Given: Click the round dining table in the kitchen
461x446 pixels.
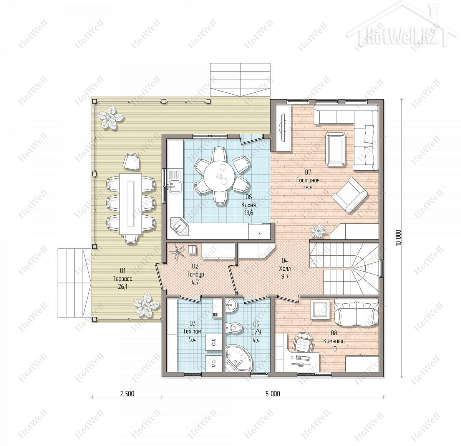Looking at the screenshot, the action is point(219,176).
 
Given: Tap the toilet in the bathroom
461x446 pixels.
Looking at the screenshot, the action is point(235,328).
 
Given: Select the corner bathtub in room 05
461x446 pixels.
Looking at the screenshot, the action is point(239,359).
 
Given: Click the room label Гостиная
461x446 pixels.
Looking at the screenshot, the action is point(308,180).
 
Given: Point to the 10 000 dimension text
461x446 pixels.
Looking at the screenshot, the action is point(398,238).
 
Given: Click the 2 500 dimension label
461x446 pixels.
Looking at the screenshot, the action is point(127,394).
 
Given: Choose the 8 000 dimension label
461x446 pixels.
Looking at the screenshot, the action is point(273,394).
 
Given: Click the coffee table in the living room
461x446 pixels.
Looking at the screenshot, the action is point(336,149).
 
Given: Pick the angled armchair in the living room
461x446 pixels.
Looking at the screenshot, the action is point(350,195).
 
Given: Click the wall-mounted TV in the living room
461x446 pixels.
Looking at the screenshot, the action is point(283,128).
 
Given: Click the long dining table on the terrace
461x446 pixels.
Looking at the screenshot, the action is point(131,204).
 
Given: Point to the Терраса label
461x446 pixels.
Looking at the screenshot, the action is point(123,279).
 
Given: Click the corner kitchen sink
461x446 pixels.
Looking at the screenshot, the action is point(179,226).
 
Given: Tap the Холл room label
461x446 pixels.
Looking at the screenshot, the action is point(285,269).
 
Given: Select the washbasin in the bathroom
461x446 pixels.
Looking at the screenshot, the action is point(230,306).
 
